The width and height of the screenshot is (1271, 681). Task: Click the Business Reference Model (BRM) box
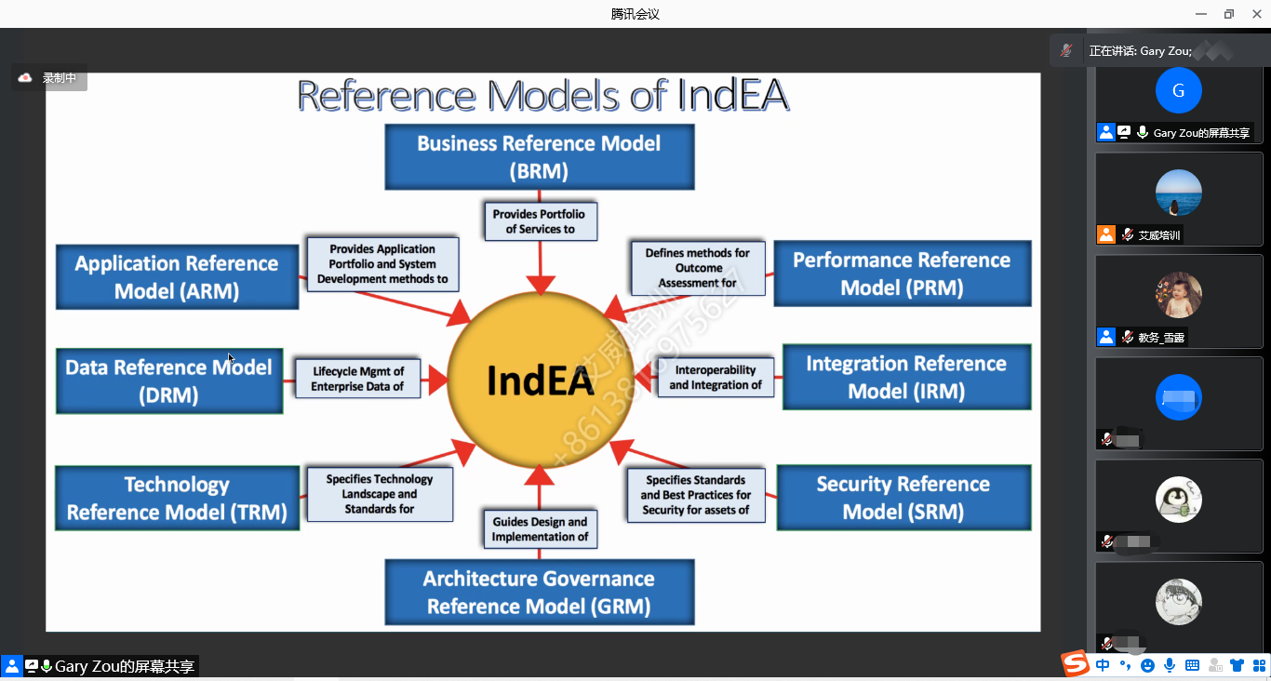coord(540,156)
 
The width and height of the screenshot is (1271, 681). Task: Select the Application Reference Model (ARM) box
coord(177,276)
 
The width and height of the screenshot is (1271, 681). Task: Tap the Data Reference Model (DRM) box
coord(168,381)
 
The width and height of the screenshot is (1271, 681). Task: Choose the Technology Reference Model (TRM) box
coord(177,498)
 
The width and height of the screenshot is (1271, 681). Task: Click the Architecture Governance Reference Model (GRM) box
coord(540,592)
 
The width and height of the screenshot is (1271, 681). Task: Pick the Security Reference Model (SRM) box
coord(903,498)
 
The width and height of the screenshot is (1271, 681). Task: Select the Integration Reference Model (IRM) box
coord(906,377)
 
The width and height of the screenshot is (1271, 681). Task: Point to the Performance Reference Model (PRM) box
coord(902,274)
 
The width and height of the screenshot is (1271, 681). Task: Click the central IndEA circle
coord(540,381)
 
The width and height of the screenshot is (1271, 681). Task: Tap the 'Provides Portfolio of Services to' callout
coord(540,221)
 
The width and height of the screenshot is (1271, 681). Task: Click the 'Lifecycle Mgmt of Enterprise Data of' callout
coord(357,379)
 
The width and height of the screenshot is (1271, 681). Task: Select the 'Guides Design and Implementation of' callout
coord(540,528)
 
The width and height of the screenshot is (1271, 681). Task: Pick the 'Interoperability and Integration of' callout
coord(716,377)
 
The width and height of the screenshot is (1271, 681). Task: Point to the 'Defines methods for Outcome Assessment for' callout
coord(698,268)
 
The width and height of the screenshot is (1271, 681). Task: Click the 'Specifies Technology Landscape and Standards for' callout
coord(380,494)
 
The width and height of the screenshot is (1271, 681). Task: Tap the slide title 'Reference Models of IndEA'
coord(542,96)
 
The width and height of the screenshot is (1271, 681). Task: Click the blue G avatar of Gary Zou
coord(1178,90)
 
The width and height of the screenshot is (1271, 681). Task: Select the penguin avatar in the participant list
coord(1178,500)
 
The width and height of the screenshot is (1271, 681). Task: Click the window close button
coord(1256,14)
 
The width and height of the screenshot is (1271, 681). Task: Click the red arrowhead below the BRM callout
coord(540,285)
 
